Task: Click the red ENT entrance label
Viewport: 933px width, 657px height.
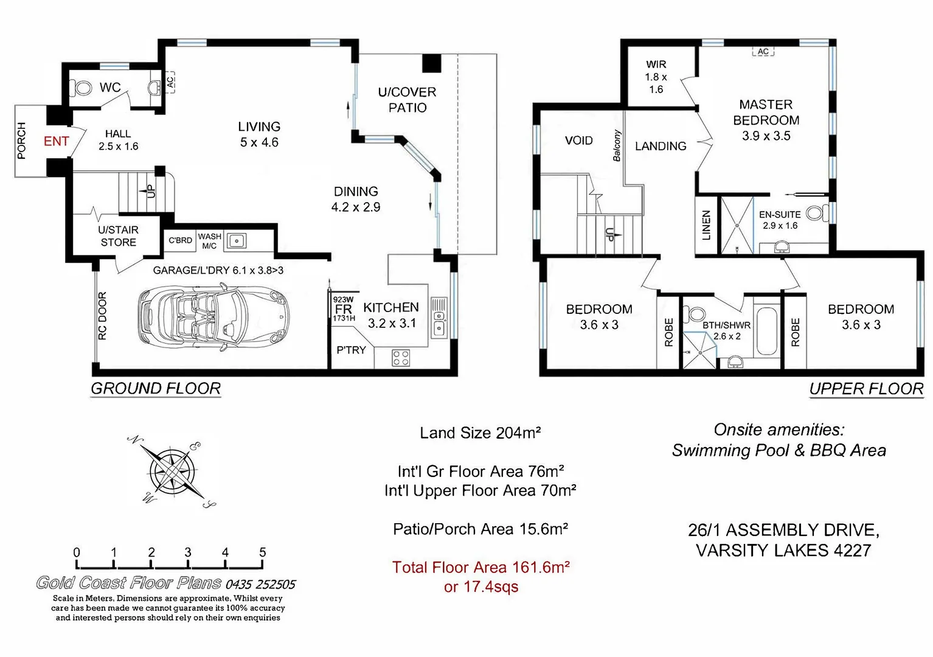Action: coord(56,141)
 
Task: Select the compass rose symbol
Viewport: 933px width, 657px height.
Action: coord(172,471)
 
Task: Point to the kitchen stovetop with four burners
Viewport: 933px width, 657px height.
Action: coord(401,357)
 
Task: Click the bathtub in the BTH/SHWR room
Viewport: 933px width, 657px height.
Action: coord(765,332)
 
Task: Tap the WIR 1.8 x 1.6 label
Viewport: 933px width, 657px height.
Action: coord(656,77)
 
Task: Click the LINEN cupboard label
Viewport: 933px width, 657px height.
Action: coord(706,225)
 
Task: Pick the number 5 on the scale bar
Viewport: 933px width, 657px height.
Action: coord(263,552)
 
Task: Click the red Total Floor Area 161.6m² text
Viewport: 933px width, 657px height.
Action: coord(480,568)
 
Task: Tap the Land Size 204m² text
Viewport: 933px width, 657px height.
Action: coord(480,433)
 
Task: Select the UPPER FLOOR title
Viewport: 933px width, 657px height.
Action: coord(866,389)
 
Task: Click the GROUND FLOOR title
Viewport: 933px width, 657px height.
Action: coord(156,389)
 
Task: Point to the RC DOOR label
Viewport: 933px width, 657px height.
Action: coord(102,316)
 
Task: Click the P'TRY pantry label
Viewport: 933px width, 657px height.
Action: coord(351,350)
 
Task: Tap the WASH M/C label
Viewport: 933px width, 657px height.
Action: coord(209,241)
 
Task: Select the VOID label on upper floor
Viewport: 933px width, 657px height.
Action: coord(578,141)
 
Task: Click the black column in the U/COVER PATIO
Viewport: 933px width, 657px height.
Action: coord(431,63)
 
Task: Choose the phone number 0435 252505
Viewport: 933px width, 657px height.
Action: coord(260,585)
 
